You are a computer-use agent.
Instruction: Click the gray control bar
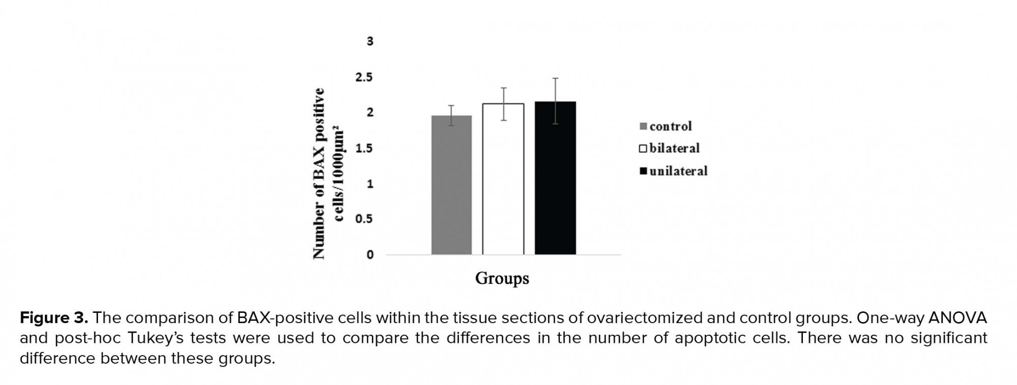pos(452,185)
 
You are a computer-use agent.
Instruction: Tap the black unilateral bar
pos(555,178)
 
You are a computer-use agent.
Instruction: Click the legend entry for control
pos(666,126)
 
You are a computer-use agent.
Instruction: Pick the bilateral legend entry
pos(669,148)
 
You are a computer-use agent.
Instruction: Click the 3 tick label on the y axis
pos(370,41)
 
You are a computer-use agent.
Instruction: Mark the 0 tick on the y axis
pos(370,254)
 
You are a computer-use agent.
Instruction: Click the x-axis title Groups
pos(502,278)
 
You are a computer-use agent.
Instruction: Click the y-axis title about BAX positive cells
pos(328,173)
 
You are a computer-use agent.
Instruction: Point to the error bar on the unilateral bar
pos(555,101)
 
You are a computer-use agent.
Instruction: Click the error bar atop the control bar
pos(452,115)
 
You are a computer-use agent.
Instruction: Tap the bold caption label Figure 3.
pos(54,318)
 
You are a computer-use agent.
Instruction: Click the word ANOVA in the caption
pos(957,318)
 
